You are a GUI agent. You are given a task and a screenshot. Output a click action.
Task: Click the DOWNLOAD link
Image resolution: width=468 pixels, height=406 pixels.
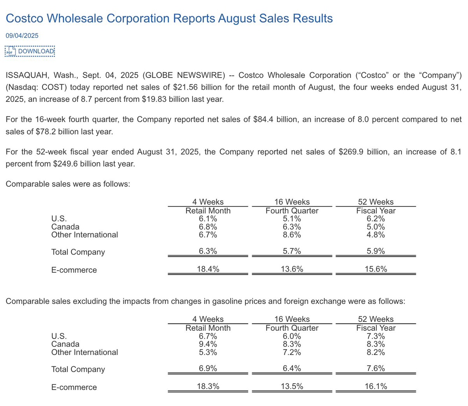pyautogui.click(x=36, y=51)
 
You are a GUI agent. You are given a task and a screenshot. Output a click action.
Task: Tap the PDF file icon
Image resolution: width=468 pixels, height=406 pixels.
pyautogui.click(x=11, y=51)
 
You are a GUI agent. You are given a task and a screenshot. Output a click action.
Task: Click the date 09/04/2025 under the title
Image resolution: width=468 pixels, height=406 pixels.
pyautogui.click(x=22, y=35)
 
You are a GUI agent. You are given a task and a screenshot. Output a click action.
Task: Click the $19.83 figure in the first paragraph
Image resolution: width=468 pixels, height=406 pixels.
pyautogui.click(x=154, y=99)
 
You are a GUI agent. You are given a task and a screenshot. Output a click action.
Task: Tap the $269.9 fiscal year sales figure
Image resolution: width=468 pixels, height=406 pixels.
pyautogui.click(x=351, y=152)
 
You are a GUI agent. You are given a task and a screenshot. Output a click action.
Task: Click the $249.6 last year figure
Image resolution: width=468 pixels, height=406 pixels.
pyautogui.click(x=65, y=164)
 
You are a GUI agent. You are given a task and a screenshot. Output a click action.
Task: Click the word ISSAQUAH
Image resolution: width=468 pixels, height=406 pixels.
pyautogui.click(x=26, y=75)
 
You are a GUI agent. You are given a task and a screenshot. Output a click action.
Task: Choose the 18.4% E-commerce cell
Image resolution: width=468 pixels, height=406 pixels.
pyautogui.click(x=208, y=269)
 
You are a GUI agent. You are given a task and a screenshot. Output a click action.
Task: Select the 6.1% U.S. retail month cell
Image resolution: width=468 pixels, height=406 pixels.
pyautogui.click(x=208, y=219)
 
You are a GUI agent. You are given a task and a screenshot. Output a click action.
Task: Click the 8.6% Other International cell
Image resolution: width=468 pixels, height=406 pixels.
pyautogui.click(x=292, y=235)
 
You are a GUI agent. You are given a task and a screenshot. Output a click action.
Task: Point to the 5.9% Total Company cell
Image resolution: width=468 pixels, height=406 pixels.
pyautogui.click(x=376, y=251)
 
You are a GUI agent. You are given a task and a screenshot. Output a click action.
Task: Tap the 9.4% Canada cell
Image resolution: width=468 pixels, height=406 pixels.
pyautogui.click(x=208, y=344)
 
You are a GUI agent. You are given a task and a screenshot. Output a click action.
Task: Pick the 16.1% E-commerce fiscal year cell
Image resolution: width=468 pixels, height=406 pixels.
pyautogui.click(x=376, y=386)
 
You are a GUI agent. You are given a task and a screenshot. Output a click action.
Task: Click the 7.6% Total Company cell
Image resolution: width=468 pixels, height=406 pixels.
pyautogui.click(x=376, y=369)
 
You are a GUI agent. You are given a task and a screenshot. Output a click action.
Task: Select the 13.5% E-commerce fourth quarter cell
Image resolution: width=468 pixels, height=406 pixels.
pyautogui.click(x=292, y=386)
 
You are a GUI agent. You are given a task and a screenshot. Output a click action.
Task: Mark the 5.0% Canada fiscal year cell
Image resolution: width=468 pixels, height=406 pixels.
pyautogui.click(x=376, y=227)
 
